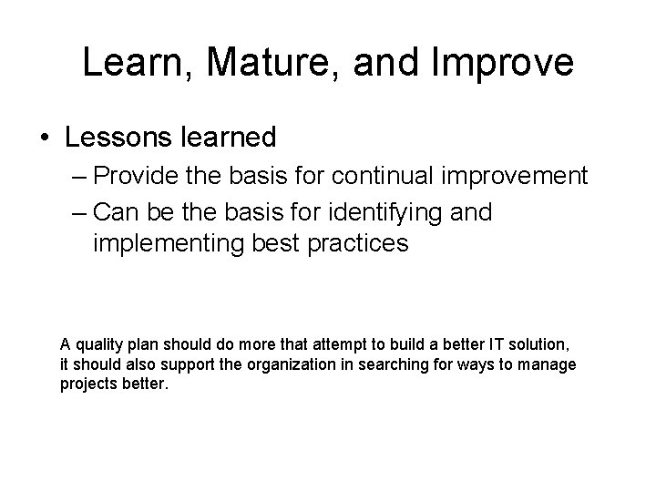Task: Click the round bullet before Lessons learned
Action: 46,138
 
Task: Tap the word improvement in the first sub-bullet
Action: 510,176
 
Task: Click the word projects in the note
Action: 87,384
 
